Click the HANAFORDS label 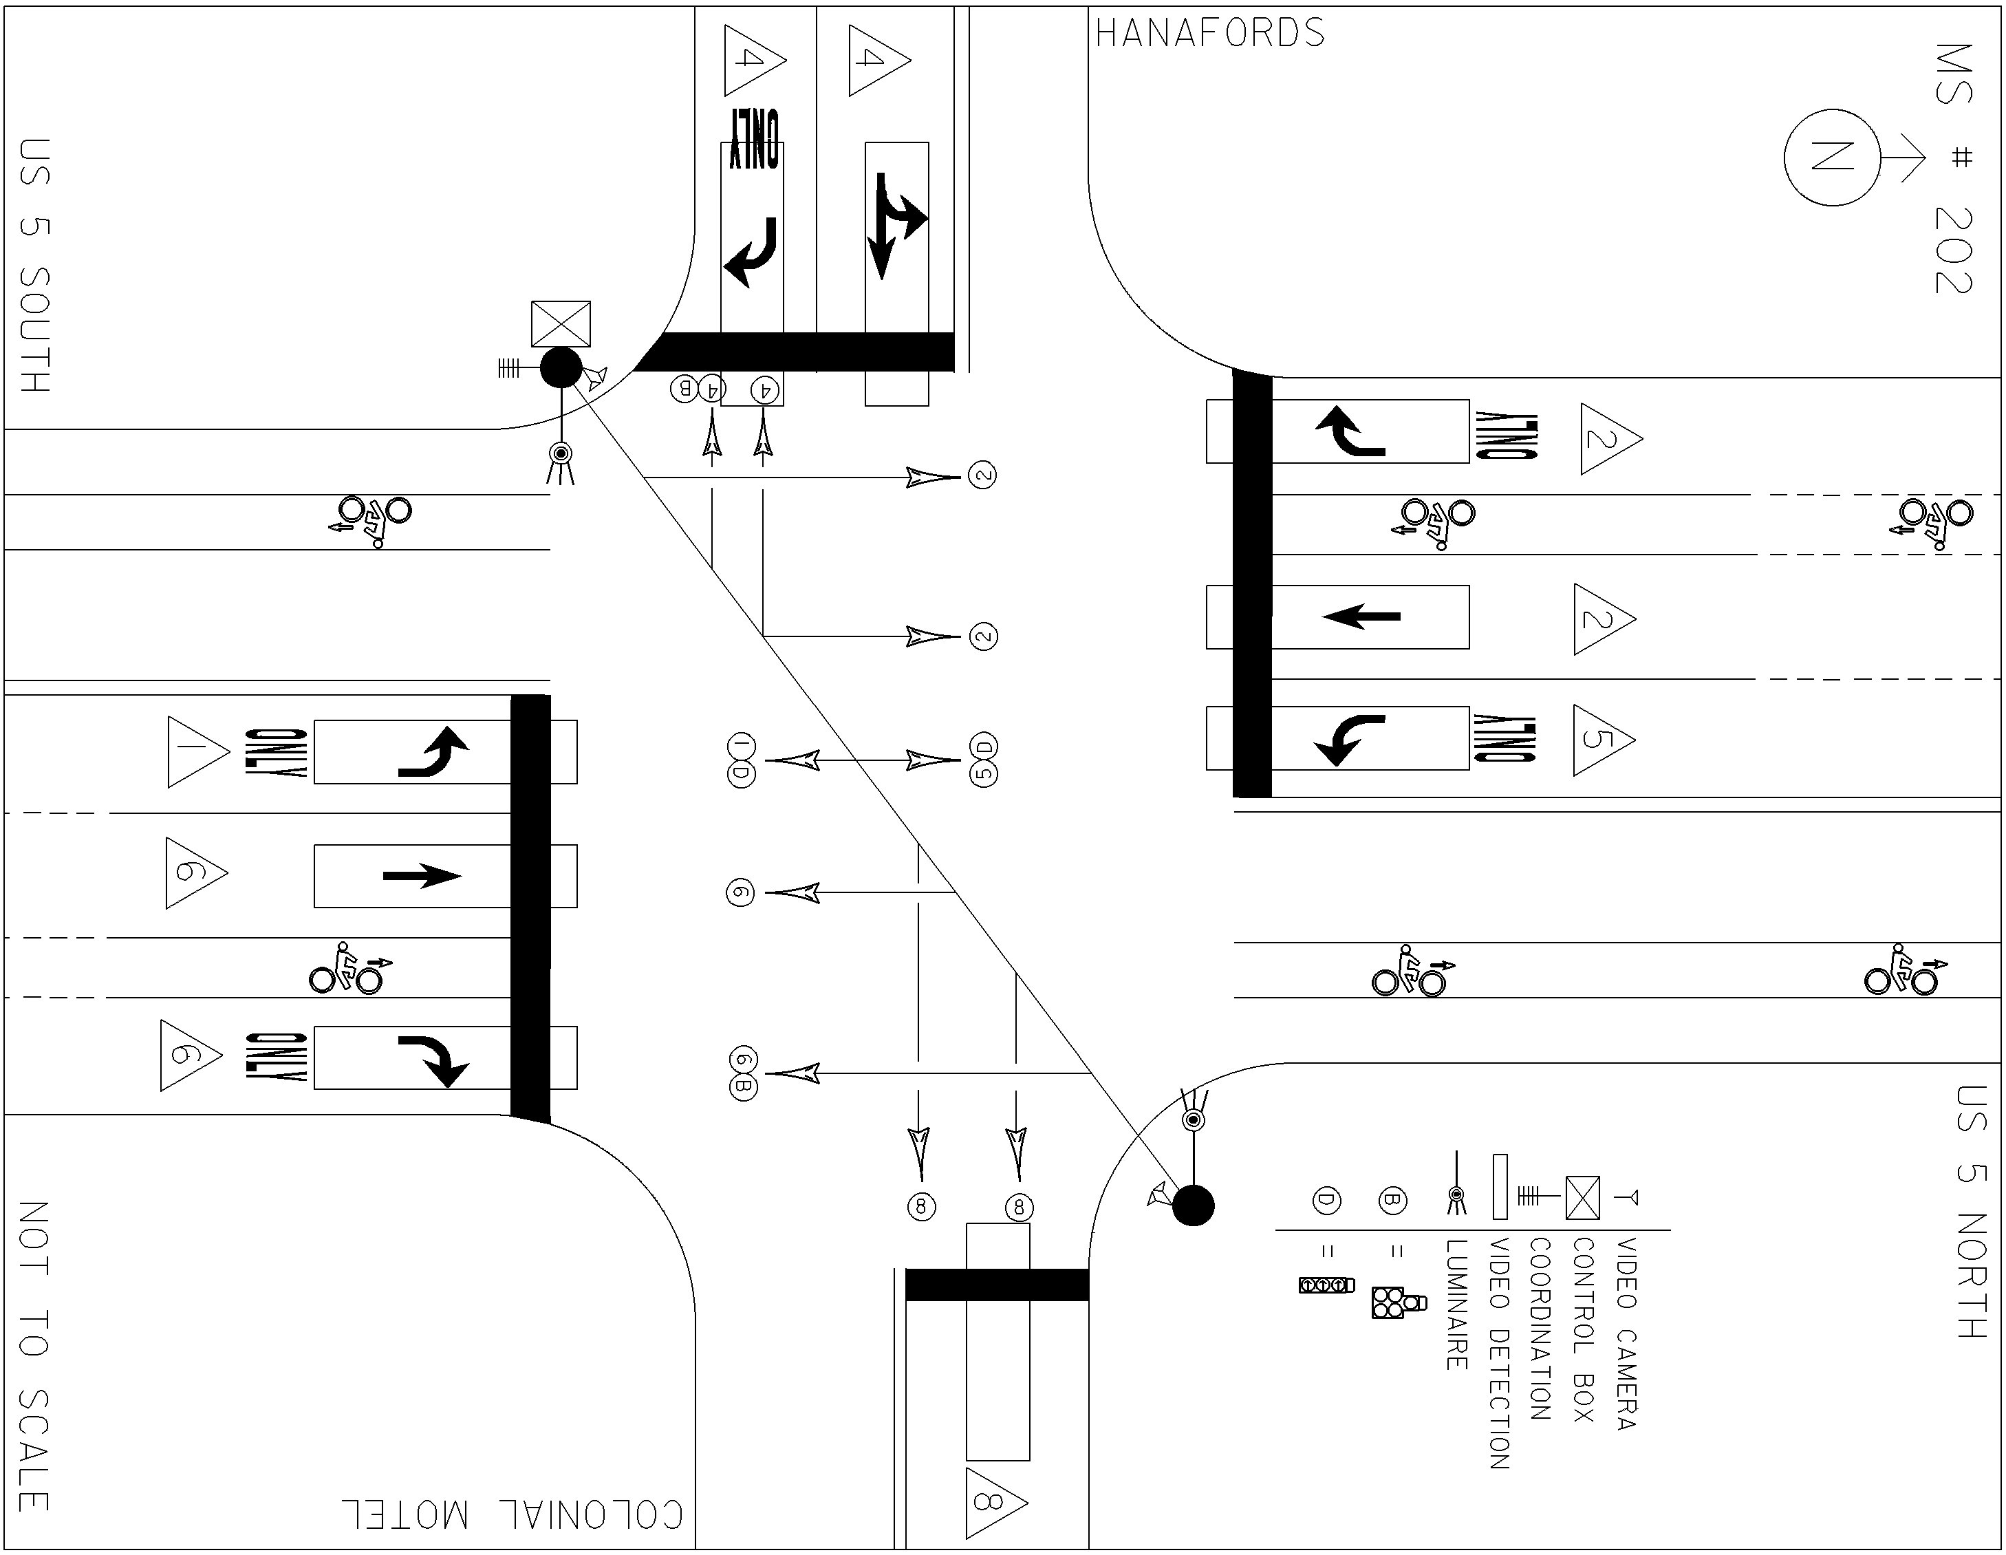click(1209, 34)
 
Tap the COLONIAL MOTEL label click(513, 1514)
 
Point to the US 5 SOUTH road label click(35, 266)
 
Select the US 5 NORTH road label click(1971, 1212)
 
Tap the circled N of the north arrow click(1831, 158)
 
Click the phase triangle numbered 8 click(995, 1503)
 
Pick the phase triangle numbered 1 click(195, 752)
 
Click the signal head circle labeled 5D click(984, 760)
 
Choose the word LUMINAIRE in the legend click(1456, 1305)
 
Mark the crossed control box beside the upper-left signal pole click(560, 324)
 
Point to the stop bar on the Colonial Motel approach click(997, 1284)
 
